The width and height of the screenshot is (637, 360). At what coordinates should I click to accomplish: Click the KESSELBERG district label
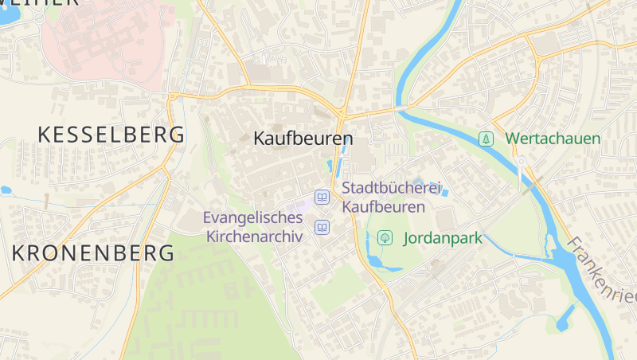click(111, 135)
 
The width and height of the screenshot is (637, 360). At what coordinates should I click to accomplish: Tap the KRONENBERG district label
click(93, 253)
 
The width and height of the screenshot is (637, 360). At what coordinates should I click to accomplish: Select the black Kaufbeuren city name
click(303, 139)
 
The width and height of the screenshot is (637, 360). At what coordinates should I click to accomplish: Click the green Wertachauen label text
click(553, 139)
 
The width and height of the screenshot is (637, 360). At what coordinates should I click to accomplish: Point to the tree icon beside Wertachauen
click(485, 139)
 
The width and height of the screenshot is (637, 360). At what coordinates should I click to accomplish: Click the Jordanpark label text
click(443, 237)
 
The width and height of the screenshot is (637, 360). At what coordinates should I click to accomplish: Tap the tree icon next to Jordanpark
click(385, 237)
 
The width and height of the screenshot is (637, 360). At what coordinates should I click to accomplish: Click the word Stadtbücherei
click(391, 188)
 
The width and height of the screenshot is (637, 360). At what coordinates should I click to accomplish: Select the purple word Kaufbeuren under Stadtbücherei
click(383, 205)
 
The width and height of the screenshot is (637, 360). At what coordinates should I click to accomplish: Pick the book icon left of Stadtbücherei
click(322, 197)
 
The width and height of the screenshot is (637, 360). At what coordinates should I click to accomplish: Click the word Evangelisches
click(253, 217)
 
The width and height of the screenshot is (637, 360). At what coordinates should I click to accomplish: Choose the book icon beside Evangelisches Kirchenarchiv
click(322, 228)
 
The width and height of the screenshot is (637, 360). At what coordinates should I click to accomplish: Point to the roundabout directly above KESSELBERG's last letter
click(172, 96)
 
